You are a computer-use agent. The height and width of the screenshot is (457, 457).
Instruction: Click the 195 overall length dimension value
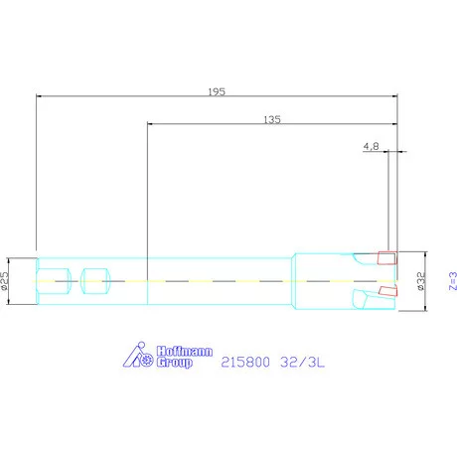[x=217, y=91]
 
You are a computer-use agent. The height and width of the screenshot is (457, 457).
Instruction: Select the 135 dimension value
[x=272, y=119]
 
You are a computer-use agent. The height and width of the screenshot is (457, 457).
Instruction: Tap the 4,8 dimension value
[x=372, y=146]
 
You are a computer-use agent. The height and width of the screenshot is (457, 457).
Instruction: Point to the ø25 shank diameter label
[x=4, y=281]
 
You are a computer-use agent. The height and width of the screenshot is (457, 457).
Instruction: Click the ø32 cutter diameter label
[x=420, y=281]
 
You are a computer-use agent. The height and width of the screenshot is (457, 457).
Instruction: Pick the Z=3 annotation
[x=453, y=281]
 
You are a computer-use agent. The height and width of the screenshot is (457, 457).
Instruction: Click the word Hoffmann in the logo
[x=185, y=352]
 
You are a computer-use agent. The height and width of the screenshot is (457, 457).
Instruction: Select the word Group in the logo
[x=175, y=363]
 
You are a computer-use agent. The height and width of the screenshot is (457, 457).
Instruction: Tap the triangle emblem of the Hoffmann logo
[x=132, y=356]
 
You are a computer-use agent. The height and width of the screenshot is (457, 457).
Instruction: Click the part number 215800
[x=245, y=362]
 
